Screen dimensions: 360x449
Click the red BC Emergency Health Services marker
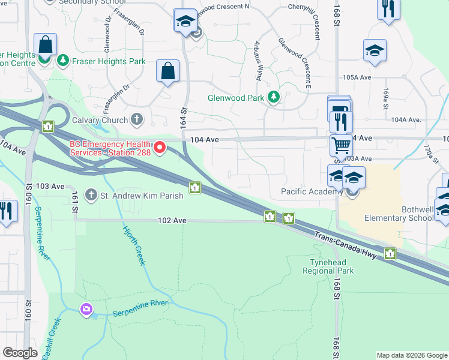(x=160, y=147)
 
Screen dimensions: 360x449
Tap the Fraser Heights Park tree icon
(x=62, y=61)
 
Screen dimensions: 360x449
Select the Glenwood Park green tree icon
(x=274, y=97)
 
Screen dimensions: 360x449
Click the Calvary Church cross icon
(x=137, y=119)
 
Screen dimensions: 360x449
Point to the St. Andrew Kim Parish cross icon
(x=91, y=194)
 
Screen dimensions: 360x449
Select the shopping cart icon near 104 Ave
(x=341, y=145)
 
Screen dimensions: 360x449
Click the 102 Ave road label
(x=172, y=221)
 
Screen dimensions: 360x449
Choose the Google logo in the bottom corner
(x=20, y=353)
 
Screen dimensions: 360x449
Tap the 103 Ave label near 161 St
(x=50, y=187)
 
